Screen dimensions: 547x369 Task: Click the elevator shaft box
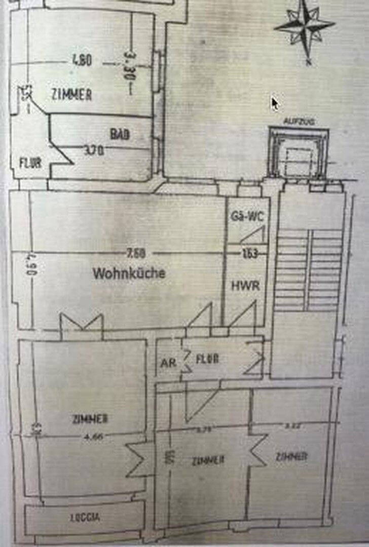(x=298, y=153)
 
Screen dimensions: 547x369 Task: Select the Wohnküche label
(x=129, y=273)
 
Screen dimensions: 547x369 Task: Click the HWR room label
(x=245, y=286)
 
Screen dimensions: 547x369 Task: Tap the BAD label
(x=120, y=135)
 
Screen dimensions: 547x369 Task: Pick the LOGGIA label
(x=85, y=518)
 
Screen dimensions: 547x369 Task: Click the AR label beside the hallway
(x=168, y=363)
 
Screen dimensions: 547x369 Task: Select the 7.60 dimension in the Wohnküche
(x=137, y=253)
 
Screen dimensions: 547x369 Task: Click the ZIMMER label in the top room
(x=71, y=94)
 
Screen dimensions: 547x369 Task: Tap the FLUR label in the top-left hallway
(x=30, y=163)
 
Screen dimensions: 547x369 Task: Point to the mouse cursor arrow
(x=274, y=104)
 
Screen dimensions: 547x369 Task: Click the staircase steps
(x=309, y=268)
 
